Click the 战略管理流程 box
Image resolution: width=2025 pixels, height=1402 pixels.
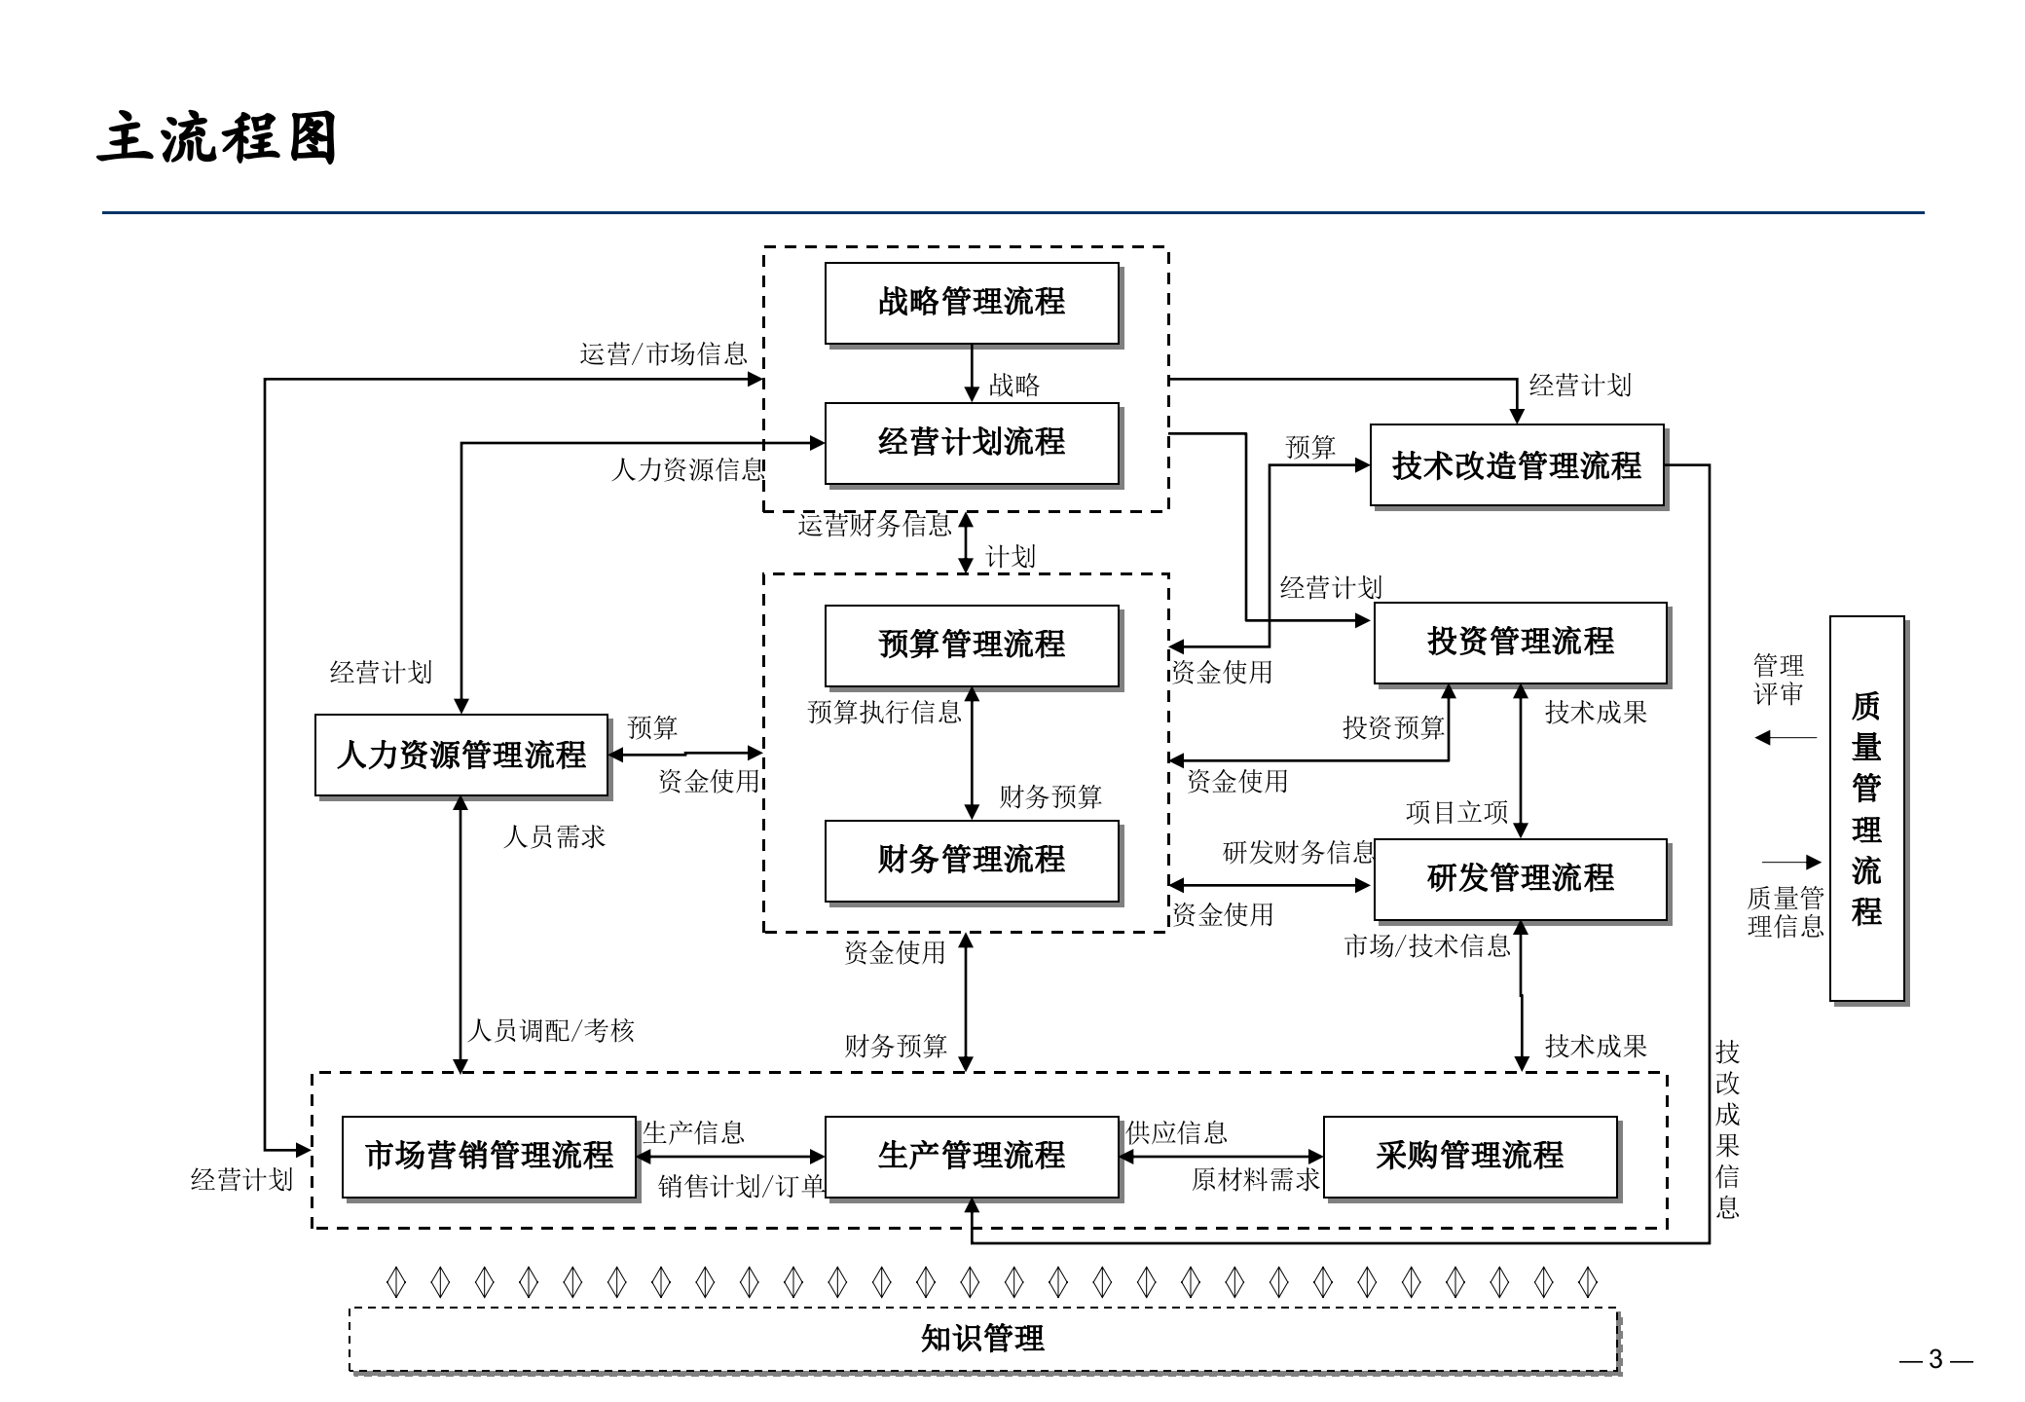point(972,303)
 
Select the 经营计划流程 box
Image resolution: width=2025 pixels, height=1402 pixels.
point(972,443)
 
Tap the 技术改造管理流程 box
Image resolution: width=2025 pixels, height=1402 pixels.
point(1516,465)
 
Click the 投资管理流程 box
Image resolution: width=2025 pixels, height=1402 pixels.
point(1520,642)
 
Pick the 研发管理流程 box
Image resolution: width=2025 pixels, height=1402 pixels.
point(1520,878)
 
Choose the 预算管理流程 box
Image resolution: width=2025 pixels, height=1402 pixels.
point(972,645)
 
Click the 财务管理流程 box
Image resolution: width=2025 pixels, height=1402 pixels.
point(972,860)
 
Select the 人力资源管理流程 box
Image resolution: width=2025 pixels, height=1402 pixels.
point(460,756)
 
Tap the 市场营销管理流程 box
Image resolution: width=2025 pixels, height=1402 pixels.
point(488,1156)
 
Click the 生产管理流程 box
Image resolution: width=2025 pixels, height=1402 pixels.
point(972,1156)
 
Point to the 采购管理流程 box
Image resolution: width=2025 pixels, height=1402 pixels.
point(1469,1156)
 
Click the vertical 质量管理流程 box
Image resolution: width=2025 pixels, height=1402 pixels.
point(1866,808)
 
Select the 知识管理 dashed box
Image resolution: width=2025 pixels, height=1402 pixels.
point(983,1340)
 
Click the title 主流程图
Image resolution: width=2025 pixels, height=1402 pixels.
point(217,137)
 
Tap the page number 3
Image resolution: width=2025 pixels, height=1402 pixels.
point(1935,1359)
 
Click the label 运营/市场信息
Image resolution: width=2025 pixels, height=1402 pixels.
point(663,354)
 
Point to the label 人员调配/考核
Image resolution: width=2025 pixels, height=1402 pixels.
point(551,1031)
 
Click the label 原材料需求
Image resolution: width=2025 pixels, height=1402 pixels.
point(1255,1180)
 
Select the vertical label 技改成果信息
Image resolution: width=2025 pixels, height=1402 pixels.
point(1727,1129)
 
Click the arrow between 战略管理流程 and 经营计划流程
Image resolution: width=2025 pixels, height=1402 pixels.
point(972,373)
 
